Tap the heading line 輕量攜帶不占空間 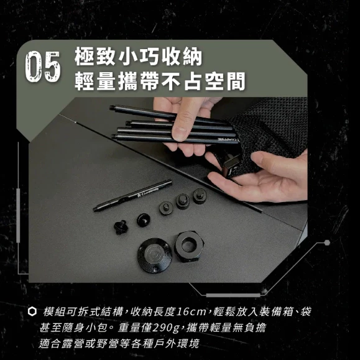click(x=159, y=80)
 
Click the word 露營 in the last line click(x=80, y=343)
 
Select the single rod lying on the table click(x=132, y=195)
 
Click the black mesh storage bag click(x=274, y=131)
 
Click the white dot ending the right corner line click(x=327, y=242)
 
